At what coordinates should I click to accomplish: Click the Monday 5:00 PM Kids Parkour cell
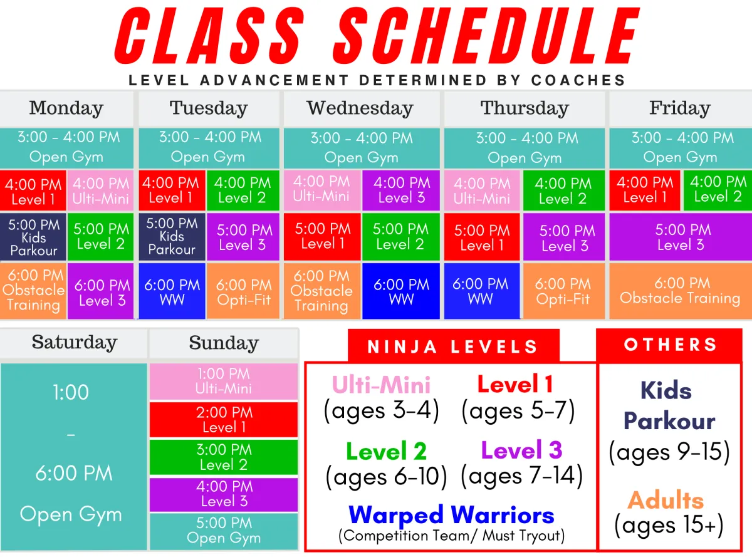tap(33, 237)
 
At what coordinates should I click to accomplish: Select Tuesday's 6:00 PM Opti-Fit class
tap(243, 292)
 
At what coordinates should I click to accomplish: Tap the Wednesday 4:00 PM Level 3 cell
tap(402, 190)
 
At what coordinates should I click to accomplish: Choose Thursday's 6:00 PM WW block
tap(481, 292)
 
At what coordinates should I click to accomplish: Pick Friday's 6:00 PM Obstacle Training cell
tap(680, 291)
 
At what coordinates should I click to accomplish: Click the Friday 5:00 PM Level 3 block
tap(680, 237)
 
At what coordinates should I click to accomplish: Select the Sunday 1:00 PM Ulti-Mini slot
tap(224, 381)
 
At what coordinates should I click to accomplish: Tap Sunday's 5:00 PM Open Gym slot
tap(224, 531)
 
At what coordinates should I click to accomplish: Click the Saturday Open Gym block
tap(73, 456)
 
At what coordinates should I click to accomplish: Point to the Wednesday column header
tap(360, 108)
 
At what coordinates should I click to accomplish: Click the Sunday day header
tap(224, 343)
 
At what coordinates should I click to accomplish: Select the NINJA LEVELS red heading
tap(452, 346)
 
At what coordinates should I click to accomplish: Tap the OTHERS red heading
tap(670, 345)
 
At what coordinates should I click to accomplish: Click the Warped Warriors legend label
tap(451, 515)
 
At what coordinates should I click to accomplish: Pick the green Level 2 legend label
tap(386, 451)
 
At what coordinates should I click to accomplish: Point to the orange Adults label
tap(666, 500)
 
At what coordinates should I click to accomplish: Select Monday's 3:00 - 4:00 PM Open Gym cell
tap(67, 147)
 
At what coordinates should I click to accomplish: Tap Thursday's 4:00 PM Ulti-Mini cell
tap(482, 190)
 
